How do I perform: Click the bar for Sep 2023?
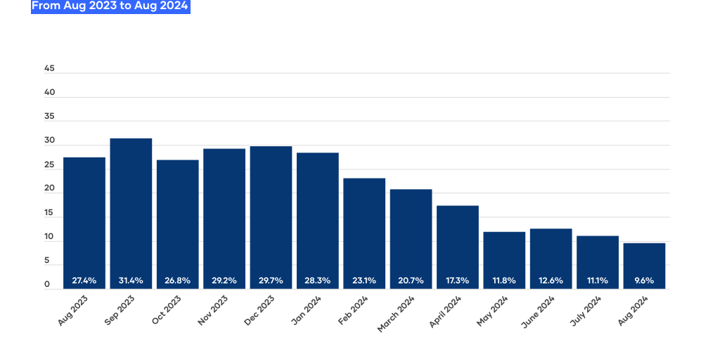tap(131, 214)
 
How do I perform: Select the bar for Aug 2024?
tap(644, 266)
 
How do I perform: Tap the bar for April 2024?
tap(457, 247)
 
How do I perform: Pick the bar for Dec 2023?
tap(271, 218)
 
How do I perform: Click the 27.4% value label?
tap(84, 281)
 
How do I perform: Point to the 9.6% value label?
tap(644, 281)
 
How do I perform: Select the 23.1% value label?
tap(364, 281)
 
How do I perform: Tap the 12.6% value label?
tap(551, 281)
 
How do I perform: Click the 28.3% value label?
tap(317, 281)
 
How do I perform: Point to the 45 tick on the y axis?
tap(50, 68)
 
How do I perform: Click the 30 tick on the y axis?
tap(50, 141)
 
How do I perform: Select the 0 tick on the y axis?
tap(47, 285)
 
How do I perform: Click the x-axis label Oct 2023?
tap(166, 310)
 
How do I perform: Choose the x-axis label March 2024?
tap(396, 314)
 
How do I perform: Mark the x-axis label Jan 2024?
tap(307, 310)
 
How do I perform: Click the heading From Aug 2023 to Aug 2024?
tap(110, 6)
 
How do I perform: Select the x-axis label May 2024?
tap(492, 311)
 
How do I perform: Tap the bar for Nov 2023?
tap(224, 219)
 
